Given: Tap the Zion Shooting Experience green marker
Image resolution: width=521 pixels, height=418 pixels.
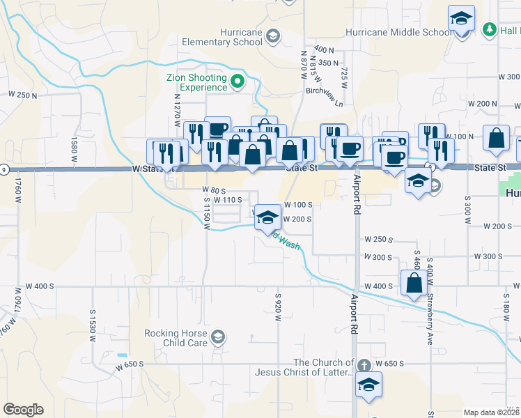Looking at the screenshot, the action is [x=237, y=82].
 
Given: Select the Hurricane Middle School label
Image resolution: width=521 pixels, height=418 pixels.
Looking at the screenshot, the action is [x=400, y=32].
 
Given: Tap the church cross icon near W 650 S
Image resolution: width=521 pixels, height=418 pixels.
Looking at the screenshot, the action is [x=363, y=365].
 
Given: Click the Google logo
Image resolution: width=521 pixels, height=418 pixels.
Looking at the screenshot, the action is [x=23, y=410].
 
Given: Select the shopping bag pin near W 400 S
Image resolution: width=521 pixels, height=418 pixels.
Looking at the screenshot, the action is [x=414, y=283].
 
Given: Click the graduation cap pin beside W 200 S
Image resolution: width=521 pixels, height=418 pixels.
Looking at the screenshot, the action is [x=267, y=217].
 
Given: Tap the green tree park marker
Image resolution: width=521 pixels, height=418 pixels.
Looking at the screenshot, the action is [x=490, y=29].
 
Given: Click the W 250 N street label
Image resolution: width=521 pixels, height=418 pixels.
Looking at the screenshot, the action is [x=22, y=95].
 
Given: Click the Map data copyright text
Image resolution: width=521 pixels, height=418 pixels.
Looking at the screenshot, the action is [x=491, y=412].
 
